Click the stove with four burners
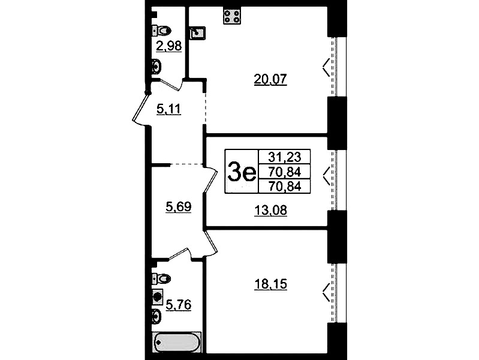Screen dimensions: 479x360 [x=232, y=17]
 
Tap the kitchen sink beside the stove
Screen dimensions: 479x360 [x=198, y=33]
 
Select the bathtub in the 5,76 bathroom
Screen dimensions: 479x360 [x=177, y=342]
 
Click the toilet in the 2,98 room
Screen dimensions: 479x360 [x=162, y=31]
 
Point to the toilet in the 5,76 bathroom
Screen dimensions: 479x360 [x=162, y=278]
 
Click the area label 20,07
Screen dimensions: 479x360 [x=270, y=79]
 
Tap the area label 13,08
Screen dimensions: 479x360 [x=270, y=211]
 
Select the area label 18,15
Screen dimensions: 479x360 [x=270, y=284]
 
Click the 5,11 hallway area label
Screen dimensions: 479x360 [x=168, y=109]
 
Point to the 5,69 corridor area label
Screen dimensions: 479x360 [x=179, y=207]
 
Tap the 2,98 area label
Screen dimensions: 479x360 [x=168, y=46]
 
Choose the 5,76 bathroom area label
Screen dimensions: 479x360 [x=179, y=305]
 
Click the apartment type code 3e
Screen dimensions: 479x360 [x=242, y=172]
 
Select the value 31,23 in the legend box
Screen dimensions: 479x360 [x=284, y=157]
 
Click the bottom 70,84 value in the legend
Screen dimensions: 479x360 [x=284, y=186]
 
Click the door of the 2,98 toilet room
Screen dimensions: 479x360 [x=170, y=85]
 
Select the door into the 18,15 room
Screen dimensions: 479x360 [x=211, y=244]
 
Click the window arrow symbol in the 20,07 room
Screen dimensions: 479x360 [x=326, y=67]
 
